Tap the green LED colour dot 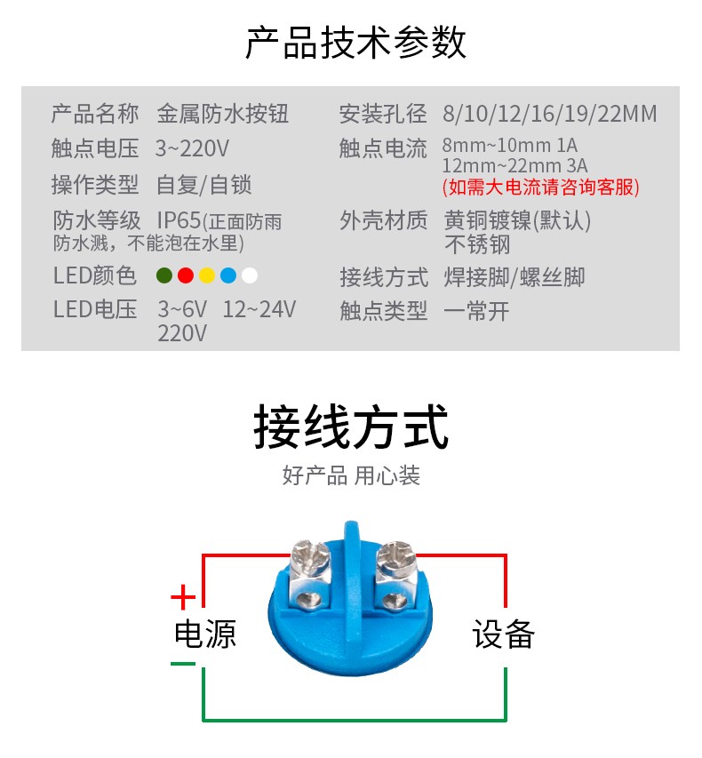(164, 275)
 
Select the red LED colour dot (185, 275)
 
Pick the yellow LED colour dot (207, 275)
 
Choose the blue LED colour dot (228, 275)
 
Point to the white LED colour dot (250, 275)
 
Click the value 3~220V (192, 148)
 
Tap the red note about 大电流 (540, 187)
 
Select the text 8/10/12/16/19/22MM (549, 114)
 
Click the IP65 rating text (179, 219)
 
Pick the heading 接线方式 (351, 427)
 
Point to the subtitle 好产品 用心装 (351, 475)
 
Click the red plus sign (183, 594)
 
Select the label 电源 (205, 634)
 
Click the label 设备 (503, 634)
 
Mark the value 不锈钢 (477, 243)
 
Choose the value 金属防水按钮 (222, 114)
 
